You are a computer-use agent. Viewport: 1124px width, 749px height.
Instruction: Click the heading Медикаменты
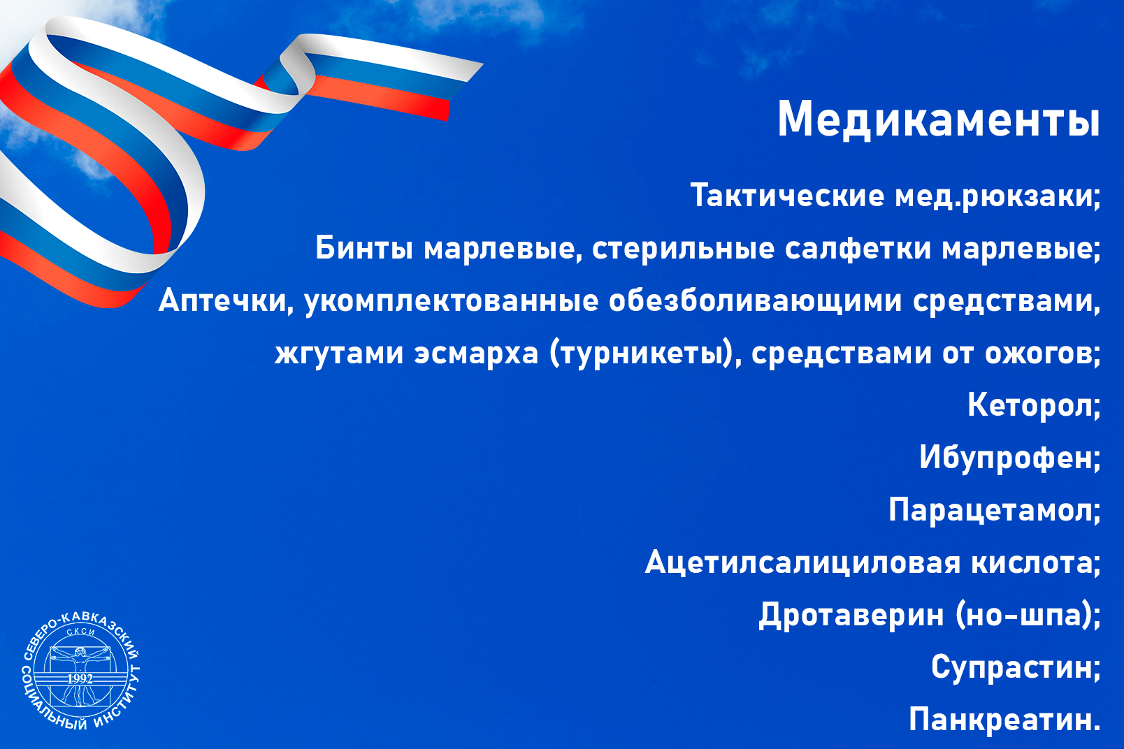(x=938, y=120)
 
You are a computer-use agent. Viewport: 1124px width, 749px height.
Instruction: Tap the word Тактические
(x=787, y=195)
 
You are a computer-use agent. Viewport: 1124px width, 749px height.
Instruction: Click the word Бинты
(x=364, y=248)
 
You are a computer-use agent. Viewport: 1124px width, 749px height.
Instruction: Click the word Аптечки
(x=222, y=301)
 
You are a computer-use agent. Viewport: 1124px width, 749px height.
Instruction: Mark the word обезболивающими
(x=755, y=302)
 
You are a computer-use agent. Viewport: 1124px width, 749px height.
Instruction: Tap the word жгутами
(x=339, y=354)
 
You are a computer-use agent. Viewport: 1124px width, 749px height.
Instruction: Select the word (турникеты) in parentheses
(x=640, y=354)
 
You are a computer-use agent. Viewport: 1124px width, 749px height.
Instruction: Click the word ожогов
(x=1039, y=354)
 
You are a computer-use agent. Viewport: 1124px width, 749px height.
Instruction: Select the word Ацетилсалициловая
(x=802, y=563)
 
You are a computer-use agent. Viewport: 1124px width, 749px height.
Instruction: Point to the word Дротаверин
(x=851, y=615)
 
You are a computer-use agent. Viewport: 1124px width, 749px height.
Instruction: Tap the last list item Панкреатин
(x=1004, y=719)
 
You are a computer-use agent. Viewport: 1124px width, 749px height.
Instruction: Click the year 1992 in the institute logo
(x=80, y=678)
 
